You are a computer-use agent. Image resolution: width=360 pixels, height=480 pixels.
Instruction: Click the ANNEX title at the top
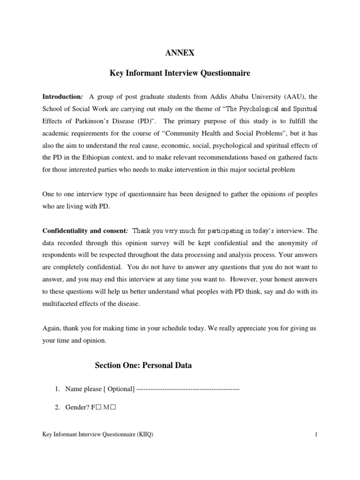(x=180, y=53)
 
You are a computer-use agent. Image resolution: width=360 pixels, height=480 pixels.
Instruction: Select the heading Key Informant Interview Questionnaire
(x=180, y=74)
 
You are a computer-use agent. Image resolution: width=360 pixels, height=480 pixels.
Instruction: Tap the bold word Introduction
(x=62, y=97)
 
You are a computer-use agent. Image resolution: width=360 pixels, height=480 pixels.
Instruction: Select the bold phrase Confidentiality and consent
(x=84, y=231)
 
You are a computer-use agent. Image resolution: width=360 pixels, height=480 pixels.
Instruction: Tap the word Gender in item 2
(x=75, y=407)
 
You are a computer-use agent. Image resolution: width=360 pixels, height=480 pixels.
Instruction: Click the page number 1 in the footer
(x=316, y=435)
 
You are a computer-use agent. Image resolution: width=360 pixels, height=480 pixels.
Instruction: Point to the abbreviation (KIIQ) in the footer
(x=144, y=435)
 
